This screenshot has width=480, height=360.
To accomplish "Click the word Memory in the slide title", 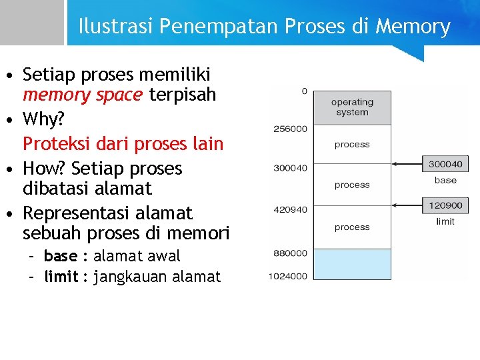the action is (413, 27).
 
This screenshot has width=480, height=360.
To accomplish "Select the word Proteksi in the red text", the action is (54, 143).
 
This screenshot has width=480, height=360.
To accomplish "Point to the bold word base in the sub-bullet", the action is (60, 256).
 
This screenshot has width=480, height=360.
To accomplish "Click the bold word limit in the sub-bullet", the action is (61, 277).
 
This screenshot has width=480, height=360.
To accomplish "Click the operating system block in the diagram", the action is (352, 107).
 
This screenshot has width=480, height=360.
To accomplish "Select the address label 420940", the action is (290, 209).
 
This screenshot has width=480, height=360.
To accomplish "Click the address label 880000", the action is (290, 253).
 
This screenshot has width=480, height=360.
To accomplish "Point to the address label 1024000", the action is (288, 276).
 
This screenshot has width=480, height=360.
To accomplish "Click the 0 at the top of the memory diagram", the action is (304, 91).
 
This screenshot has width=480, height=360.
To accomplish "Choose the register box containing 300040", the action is (445, 163).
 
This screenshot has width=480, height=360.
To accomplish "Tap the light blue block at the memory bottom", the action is (352, 264).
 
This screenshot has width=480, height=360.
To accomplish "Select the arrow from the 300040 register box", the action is (407, 163).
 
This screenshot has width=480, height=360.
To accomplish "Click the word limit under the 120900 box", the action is (445, 221).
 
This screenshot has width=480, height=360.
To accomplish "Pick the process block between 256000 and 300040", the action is (352, 145).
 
